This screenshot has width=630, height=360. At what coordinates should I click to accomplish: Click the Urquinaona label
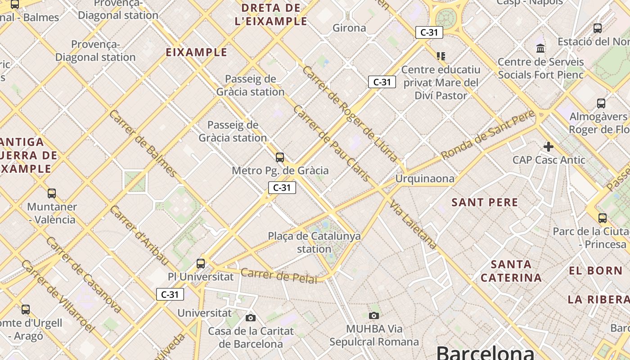click(x=425, y=179)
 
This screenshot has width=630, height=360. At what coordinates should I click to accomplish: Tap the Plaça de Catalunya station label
click(x=314, y=242)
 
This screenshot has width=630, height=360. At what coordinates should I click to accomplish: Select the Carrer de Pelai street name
click(x=279, y=275)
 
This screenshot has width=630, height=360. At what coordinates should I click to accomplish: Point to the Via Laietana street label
click(x=413, y=225)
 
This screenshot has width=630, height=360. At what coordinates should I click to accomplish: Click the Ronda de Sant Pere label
click(x=488, y=134)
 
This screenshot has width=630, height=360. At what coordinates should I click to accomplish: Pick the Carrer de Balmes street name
click(x=143, y=143)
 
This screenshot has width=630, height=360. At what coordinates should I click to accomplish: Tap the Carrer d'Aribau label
click(x=139, y=235)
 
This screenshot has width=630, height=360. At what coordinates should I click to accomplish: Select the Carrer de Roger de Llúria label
click(x=350, y=114)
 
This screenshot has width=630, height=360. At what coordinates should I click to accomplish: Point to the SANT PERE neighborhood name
click(x=485, y=202)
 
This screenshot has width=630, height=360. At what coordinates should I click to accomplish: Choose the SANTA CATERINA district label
click(x=511, y=271)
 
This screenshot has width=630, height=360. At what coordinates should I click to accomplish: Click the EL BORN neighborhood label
click(x=595, y=271)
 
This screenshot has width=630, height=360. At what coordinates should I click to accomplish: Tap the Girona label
click(x=349, y=28)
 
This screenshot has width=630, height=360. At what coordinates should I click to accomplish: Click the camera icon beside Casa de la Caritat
click(x=251, y=318)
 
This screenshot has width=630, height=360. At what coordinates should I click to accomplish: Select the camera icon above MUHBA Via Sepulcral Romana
click(x=373, y=315)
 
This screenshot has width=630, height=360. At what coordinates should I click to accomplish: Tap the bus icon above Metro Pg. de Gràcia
click(x=280, y=157)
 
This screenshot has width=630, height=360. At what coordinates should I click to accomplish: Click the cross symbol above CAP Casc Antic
click(x=548, y=147)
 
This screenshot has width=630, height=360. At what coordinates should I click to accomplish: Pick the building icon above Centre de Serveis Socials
click(x=540, y=48)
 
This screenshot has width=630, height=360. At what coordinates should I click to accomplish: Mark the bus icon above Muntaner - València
click(x=52, y=193)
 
